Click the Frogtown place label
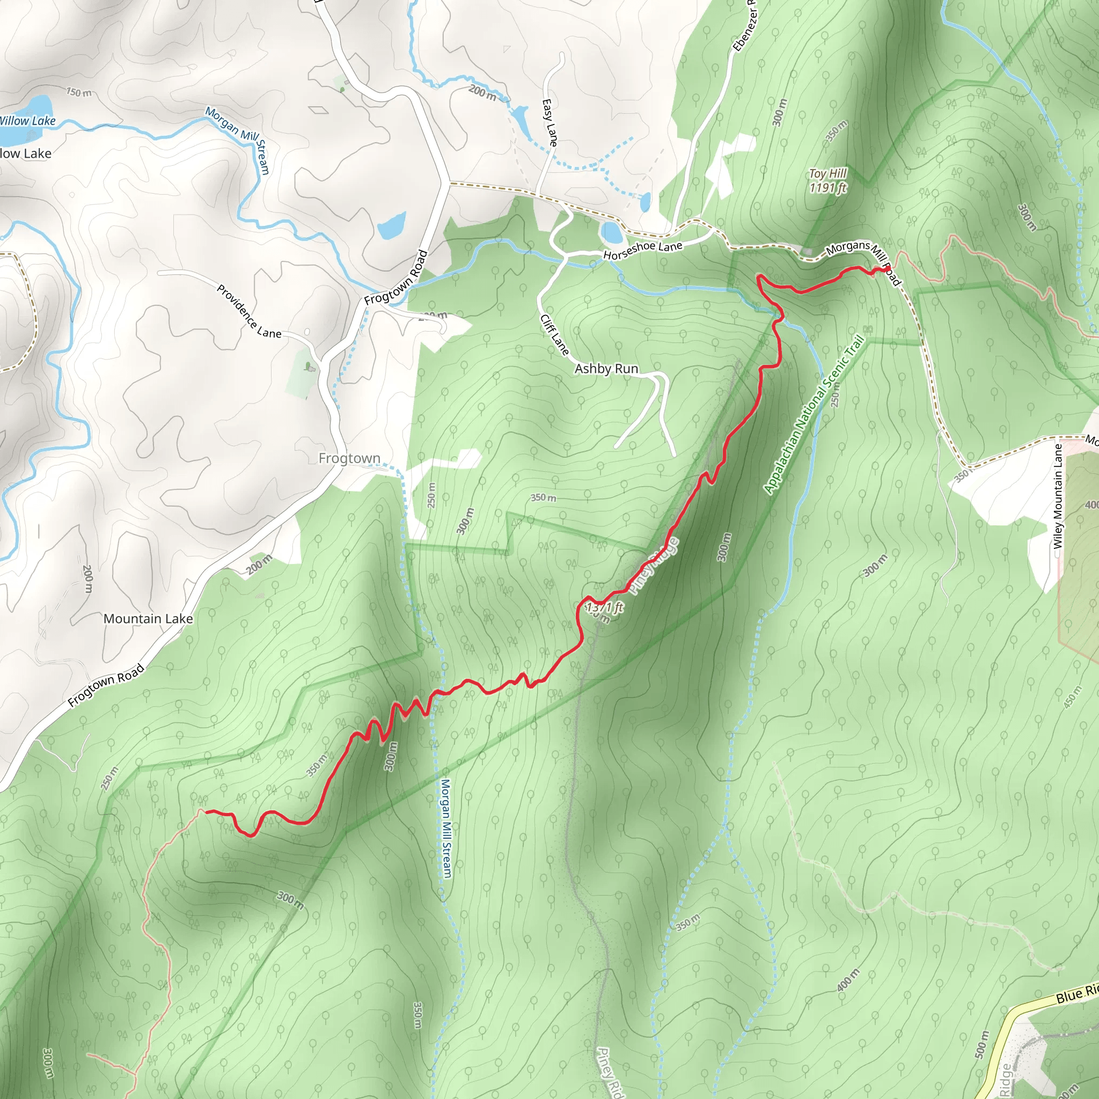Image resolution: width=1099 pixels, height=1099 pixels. (x=349, y=458)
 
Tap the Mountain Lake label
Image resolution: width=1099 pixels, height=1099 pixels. (x=148, y=618)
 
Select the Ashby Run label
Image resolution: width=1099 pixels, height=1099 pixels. (x=606, y=369)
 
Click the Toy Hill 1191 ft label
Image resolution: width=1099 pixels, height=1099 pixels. (x=827, y=180)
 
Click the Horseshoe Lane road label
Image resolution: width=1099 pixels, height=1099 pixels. (x=642, y=250)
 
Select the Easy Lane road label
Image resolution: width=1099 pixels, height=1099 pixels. (x=549, y=122)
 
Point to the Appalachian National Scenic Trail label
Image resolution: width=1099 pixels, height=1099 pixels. (x=814, y=415)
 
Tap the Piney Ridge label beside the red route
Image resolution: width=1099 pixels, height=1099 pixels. (x=655, y=567)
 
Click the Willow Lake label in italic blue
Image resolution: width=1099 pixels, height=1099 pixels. (x=27, y=121)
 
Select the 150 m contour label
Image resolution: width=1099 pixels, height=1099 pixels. (x=78, y=92)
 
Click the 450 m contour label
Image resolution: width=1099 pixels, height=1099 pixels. (x=1072, y=697)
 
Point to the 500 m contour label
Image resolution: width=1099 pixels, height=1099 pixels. (x=983, y=1044)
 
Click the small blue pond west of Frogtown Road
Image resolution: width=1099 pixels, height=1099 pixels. (x=392, y=225)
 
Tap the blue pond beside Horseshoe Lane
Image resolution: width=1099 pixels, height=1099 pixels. (x=612, y=232)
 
